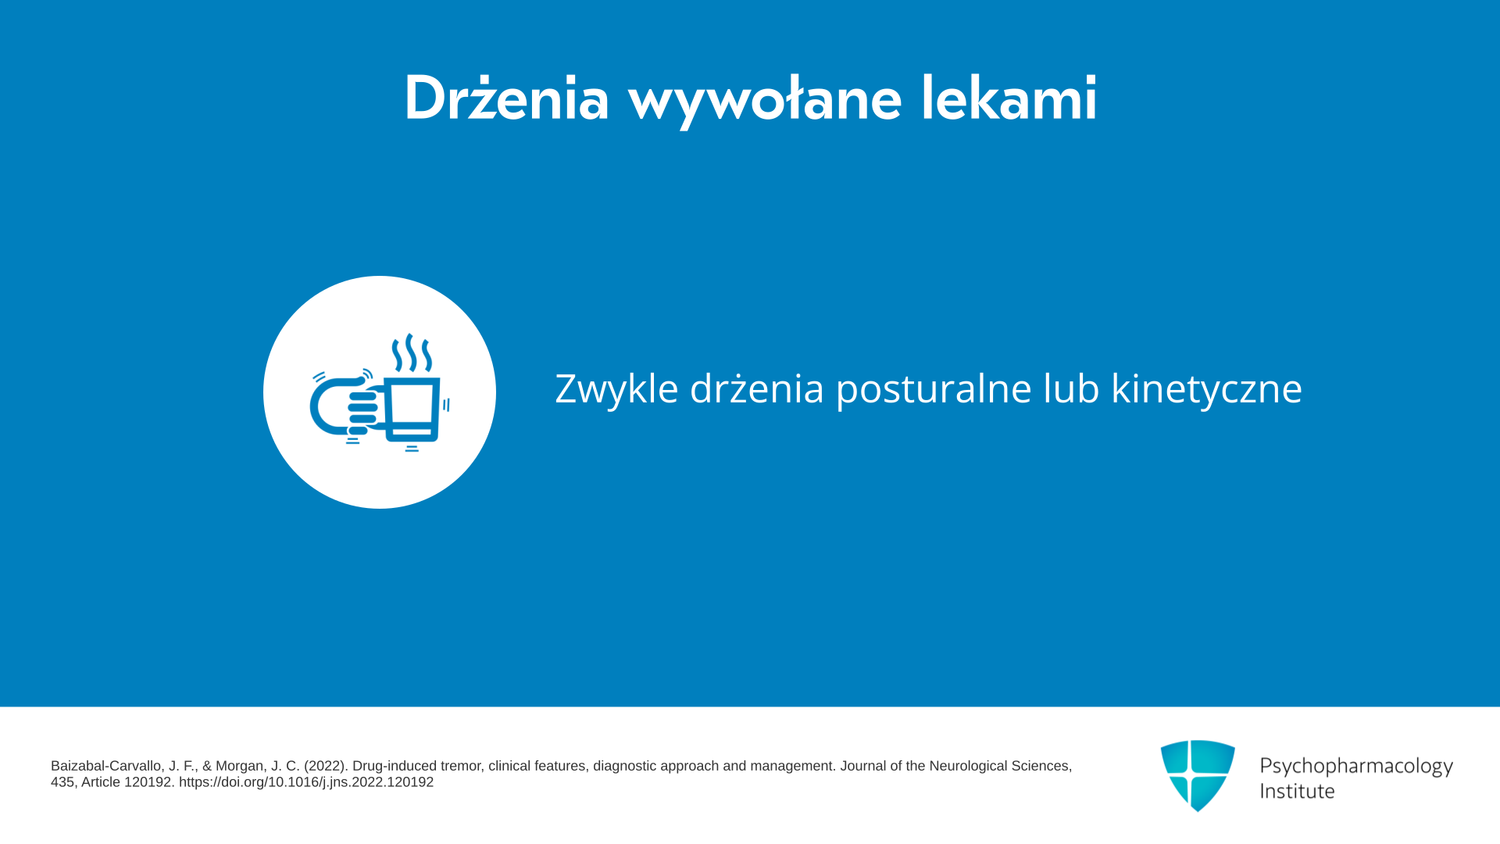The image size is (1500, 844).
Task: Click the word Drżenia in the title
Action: pyautogui.click(x=506, y=98)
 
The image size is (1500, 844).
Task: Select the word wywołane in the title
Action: pyautogui.click(x=765, y=100)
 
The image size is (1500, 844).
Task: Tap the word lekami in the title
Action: pyautogui.click(x=1009, y=98)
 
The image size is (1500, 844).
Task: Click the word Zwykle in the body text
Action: pyautogui.click(x=616, y=388)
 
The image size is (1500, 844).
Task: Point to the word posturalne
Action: pyautogui.click(x=934, y=388)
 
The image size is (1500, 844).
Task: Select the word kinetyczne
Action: pyautogui.click(x=1206, y=388)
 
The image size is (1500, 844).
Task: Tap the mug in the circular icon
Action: pyautogui.click(x=412, y=410)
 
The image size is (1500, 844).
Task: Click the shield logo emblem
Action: pyautogui.click(x=1198, y=775)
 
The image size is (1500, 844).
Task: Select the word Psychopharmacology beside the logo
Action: pyautogui.click(x=1356, y=767)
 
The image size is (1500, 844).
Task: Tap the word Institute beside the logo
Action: pyautogui.click(x=1297, y=791)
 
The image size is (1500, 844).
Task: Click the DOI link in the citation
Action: pyautogui.click(x=306, y=782)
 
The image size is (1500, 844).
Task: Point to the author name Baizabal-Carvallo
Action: pyautogui.click(x=108, y=766)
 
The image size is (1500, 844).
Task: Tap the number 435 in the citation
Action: pyautogui.click(x=62, y=782)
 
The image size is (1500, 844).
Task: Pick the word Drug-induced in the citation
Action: pyautogui.click(x=395, y=766)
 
